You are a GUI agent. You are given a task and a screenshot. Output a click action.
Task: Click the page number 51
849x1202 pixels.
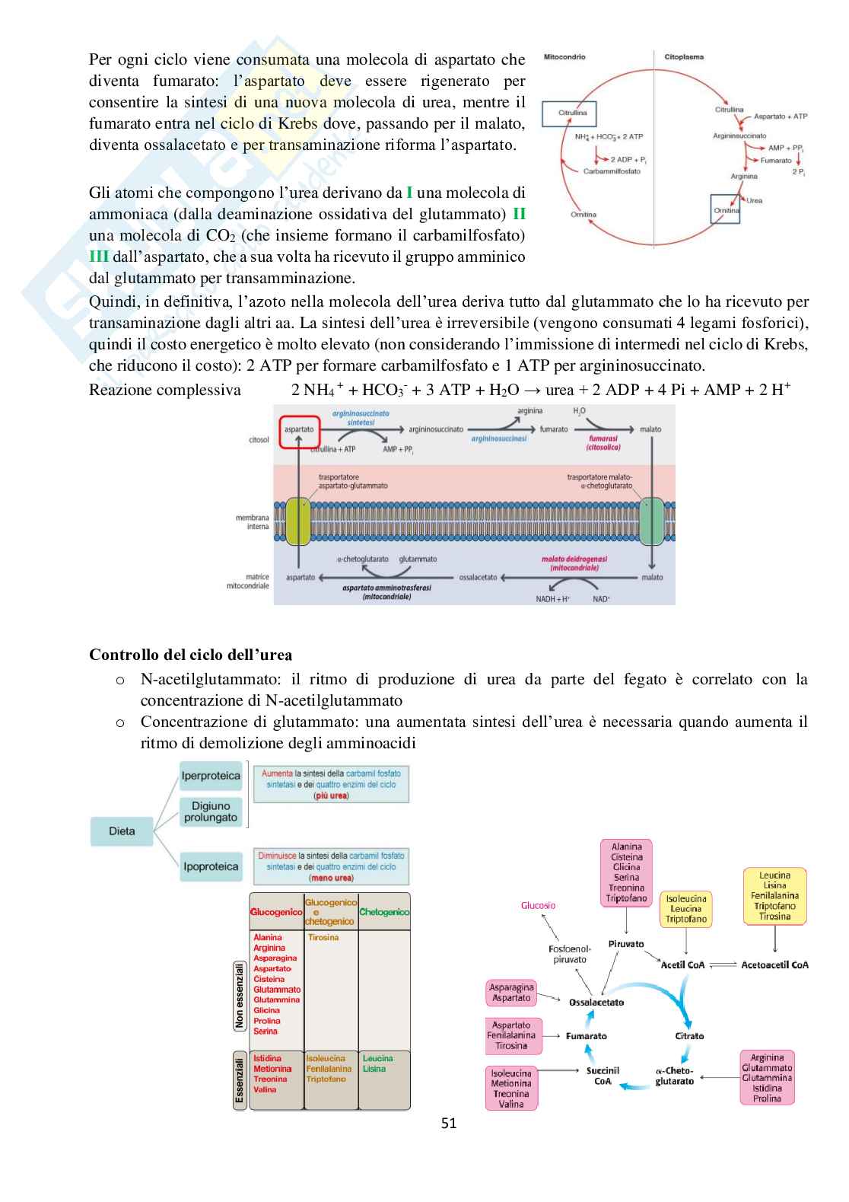[449, 1123]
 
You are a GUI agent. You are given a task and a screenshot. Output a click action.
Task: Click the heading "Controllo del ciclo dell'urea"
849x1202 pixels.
[190, 655]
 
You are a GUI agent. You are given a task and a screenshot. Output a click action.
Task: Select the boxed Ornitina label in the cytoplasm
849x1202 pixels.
[725, 209]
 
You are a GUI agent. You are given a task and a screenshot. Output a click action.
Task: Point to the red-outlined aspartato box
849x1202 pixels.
[299, 429]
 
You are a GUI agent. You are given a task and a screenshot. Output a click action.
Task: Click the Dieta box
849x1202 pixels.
[122, 831]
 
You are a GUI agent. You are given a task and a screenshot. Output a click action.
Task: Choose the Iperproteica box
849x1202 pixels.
[211, 776]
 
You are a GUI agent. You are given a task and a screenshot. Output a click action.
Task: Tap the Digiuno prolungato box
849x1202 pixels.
[211, 811]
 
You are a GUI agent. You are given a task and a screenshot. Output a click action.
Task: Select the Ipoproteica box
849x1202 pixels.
[211, 866]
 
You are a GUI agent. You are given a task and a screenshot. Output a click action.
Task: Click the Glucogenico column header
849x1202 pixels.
[276, 912]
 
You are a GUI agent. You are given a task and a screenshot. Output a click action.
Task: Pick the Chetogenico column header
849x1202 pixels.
[384, 912]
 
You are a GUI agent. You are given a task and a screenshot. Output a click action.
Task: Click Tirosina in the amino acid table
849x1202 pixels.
[323, 938]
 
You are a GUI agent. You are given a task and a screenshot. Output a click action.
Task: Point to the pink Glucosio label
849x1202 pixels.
[539, 905]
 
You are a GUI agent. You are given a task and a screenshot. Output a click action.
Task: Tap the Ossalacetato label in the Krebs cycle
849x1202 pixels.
[596, 1003]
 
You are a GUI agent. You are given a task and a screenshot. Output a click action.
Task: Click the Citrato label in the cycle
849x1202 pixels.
[689, 1036]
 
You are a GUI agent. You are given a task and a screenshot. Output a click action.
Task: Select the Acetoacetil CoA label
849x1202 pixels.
[774, 964]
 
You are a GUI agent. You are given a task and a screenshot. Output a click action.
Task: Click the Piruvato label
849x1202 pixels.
[626, 944]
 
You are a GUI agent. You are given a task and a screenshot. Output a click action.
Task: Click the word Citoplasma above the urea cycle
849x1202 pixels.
[684, 57]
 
